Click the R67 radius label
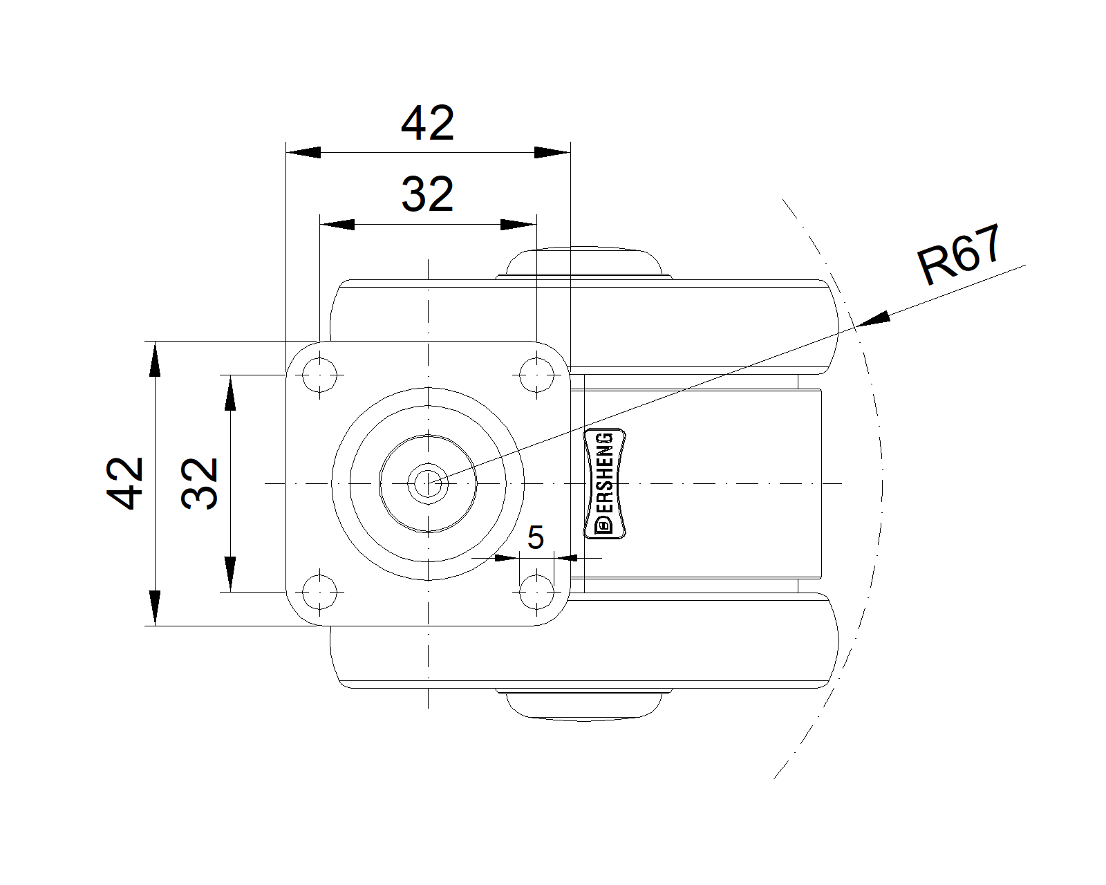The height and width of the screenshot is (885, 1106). (959, 254)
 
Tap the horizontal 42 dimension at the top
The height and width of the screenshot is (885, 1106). (428, 123)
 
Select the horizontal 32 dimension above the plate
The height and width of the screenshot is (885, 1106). (428, 194)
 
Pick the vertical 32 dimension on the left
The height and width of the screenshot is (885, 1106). (200, 483)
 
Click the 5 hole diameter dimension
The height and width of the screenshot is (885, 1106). (536, 537)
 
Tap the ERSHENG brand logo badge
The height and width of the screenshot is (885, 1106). (605, 483)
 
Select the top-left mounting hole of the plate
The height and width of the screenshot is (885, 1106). (319, 375)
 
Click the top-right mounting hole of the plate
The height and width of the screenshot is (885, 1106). (536, 375)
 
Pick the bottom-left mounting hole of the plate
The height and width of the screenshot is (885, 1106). (319, 592)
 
